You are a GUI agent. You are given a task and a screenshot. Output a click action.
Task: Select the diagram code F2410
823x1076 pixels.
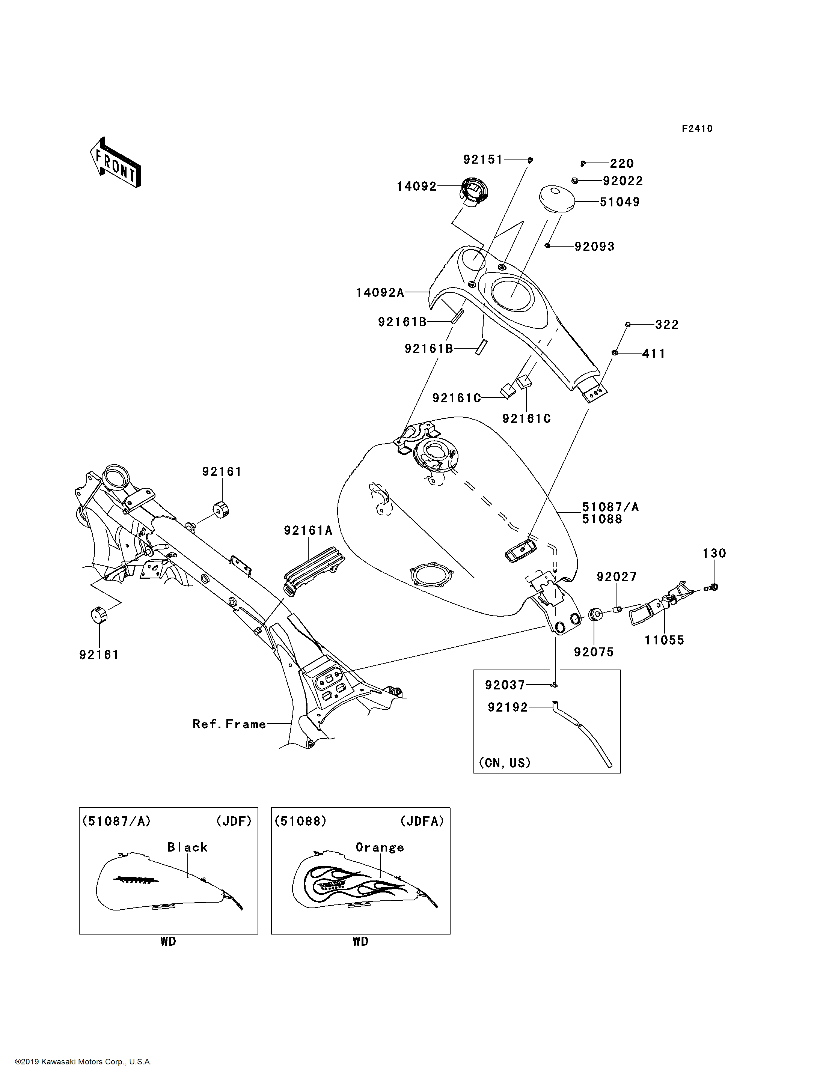pos(697,129)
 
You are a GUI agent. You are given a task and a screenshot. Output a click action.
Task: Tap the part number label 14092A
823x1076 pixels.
pos(380,293)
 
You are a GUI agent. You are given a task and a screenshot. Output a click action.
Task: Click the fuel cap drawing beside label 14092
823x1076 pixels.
pos(474,191)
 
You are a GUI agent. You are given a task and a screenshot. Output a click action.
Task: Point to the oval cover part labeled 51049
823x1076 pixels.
pos(557,199)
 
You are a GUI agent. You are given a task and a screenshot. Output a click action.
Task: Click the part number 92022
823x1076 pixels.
pos(623,181)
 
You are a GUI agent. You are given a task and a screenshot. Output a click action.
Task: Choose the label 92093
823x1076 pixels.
pos(594,247)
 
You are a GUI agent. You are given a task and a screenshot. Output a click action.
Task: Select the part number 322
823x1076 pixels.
pos(667,325)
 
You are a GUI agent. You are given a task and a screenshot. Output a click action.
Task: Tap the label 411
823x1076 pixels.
pos(654,354)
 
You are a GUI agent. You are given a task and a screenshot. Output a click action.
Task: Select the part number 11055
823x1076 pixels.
pos(664,640)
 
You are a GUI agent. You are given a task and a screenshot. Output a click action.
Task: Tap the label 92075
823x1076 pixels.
pos(594,652)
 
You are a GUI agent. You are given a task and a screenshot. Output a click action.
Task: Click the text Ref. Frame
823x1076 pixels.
pos(229,724)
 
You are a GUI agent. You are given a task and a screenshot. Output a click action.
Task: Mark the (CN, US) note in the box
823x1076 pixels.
pos(505,763)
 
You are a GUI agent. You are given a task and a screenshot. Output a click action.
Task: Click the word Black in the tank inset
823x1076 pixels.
pos(188,847)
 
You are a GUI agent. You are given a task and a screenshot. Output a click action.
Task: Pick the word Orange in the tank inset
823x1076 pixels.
pos(380,847)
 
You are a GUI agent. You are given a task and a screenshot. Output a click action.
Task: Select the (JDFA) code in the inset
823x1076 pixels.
pos(422,821)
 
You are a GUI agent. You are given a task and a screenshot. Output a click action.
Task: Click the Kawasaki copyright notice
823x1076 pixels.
pos(83,1062)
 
